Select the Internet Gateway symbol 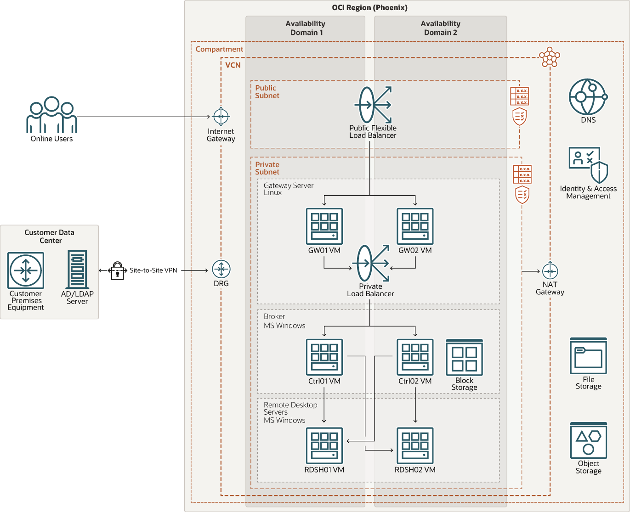pyautogui.click(x=221, y=117)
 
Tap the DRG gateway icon pyautogui.click(x=221, y=269)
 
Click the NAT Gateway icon pyautogui.click(x=550, y=271)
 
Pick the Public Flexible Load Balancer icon pyautogui.click(x=373, y=105)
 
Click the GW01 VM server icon pyautogui.click(x=324, y=226)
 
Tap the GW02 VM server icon pyautogui.click(x=415, y=226)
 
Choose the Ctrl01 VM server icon pyautogui.click(x=324, y=357)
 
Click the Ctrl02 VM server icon pyautogui.click(x=415, y=357)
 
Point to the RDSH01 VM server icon pyautogui.click(x=324, y=446)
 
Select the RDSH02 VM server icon pyautogui.click(x=415, y=446)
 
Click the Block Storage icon pyautogui.click(x=464, y=358)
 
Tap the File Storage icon pyautogui.click(x=589, y=356)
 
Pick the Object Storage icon pyautogui.click(x=589, y=440)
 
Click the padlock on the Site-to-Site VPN pyautogui.click(x=118, y=271)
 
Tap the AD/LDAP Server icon pyautogui.click(x=77, y=270)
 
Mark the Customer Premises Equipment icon pyautogui.click(x=26, y=270)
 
